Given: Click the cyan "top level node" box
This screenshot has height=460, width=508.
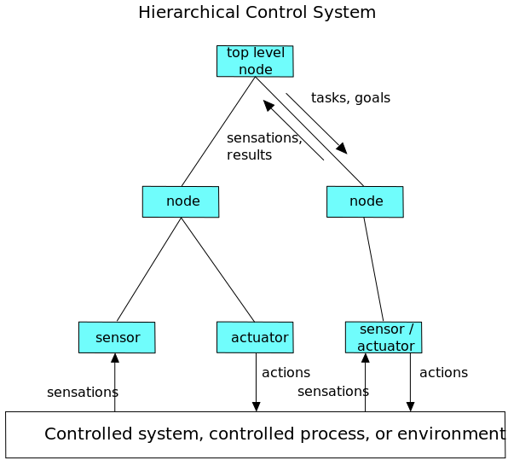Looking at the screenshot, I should coord(255,61).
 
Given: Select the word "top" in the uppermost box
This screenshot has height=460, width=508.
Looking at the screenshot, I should coord(237,53).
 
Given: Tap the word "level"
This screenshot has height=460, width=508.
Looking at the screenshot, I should coord(268,53).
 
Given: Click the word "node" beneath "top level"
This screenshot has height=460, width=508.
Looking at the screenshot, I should coord(256,69).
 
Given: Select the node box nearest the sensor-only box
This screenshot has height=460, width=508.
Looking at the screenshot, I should coord(181,201).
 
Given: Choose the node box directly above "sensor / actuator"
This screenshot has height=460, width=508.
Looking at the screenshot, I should coord(365,201).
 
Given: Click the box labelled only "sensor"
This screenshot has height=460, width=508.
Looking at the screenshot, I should coord(117,337).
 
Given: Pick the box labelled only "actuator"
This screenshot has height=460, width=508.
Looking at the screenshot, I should coord(255,337).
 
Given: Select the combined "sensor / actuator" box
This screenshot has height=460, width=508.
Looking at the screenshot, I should coord(384,337).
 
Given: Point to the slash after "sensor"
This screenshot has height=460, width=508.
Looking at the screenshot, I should coord(410,329).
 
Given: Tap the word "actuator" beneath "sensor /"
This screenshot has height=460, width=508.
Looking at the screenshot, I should coord(385,346).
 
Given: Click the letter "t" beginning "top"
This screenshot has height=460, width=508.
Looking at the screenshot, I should coord(229,53).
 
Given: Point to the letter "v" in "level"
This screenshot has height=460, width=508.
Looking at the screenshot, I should coord(268,53).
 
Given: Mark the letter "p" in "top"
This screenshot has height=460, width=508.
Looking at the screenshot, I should coord(245,54).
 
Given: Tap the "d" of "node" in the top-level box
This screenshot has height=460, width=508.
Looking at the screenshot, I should coord(260,69).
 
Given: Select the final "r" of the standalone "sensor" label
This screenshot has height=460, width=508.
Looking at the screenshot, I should coord(137,338).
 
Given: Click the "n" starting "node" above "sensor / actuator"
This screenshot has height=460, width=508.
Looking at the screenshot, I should coord(354,201).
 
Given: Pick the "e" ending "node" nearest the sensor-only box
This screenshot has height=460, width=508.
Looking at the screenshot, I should coord(196,201).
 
